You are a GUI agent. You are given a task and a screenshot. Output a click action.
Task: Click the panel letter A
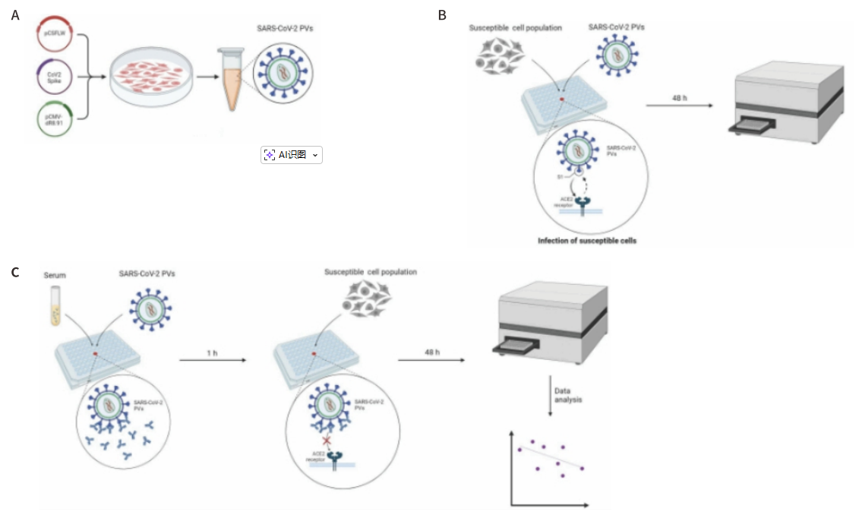(15, 14)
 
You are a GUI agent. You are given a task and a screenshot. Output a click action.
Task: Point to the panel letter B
(443, 14)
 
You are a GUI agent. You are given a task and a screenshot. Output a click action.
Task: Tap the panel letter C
(15, 272)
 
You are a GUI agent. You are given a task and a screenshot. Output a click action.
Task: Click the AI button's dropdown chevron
(315, 155)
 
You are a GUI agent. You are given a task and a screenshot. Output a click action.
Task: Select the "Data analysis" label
(567, 395)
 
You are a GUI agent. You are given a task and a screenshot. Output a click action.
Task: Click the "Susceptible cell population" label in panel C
(371, 272)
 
